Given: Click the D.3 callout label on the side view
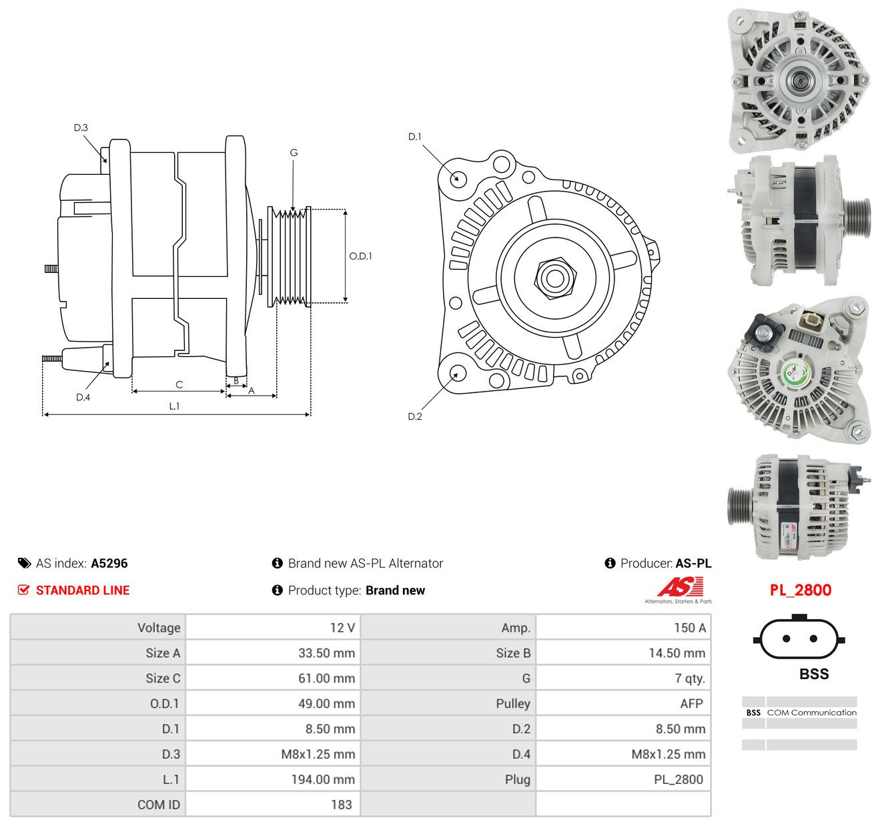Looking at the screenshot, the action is (x=81, y=128).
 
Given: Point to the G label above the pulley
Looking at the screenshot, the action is (x=294, y=153).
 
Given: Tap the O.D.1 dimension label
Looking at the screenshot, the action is (x=360, y=256).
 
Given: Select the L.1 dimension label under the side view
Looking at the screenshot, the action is (x=174, y=406).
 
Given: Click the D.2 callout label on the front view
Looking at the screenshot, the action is (x=415, y=416).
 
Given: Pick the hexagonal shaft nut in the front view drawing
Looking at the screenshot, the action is (x=555, y=278).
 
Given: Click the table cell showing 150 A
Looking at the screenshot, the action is (x=690, y=627).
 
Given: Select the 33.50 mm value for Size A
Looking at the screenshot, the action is (x=326, y=653).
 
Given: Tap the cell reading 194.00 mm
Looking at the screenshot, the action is (x=323, y=779).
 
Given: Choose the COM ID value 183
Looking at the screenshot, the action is (x=342, y=805).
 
